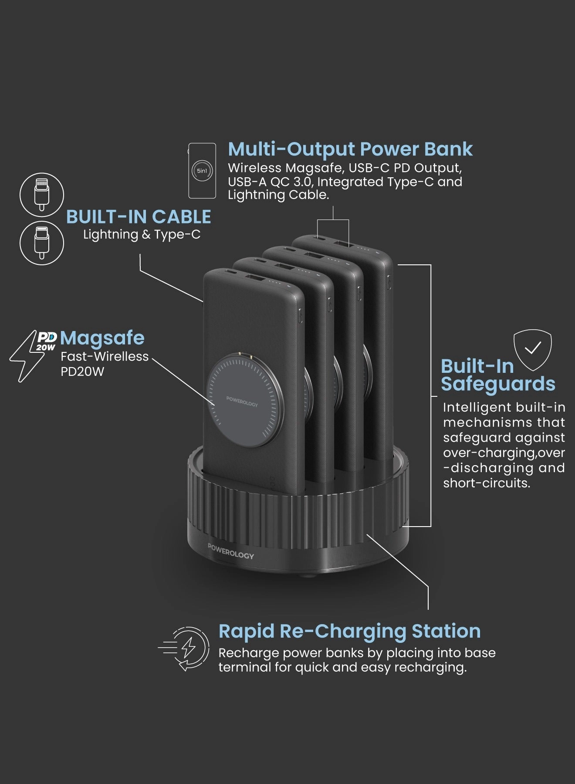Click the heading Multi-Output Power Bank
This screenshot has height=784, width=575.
[350, 149]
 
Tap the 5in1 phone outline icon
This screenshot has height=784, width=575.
[202, 170]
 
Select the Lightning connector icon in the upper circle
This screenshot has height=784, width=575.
[42, 194]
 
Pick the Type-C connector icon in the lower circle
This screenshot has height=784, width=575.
[42, 243]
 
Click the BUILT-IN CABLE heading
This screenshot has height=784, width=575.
[139, 217]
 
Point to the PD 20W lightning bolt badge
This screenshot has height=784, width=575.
[33, 355]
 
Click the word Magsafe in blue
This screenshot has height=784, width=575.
[102, 338]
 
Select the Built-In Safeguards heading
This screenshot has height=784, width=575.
[497, 375]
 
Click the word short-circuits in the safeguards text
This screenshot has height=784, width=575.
[486, 483]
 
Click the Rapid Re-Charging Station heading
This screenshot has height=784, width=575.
[349, 631]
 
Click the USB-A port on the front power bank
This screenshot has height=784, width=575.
[252, 277]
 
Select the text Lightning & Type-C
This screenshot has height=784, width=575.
[142, 234]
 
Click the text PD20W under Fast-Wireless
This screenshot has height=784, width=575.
[82, 372]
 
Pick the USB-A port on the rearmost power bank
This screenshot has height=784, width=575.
[342, 243]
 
